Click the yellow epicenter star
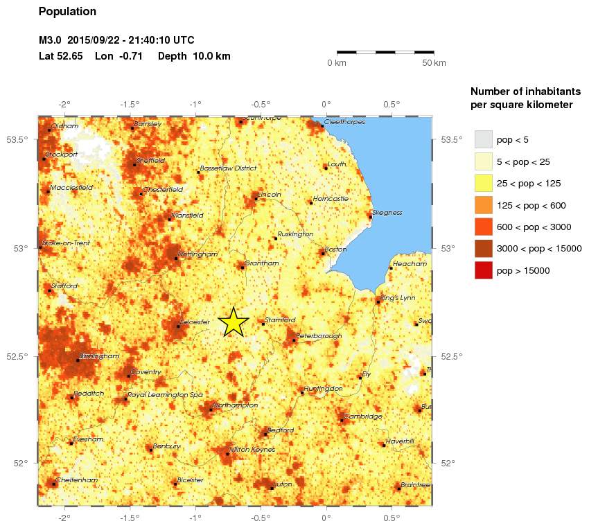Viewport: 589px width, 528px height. click(x=234, y=322)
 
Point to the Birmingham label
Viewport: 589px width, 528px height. click(x=100, y=355)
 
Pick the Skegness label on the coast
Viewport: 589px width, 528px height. click(x=387, y=213)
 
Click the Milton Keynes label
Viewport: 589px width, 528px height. click(x=252, y=450)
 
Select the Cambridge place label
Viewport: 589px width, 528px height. click(x=363, y=416)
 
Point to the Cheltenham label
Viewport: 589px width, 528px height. click(x=78, y=479)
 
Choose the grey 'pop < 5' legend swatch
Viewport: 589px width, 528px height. click(x=483, y=139)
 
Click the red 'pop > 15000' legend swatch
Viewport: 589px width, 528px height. click(x=483, y=270)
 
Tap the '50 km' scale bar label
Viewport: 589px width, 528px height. click(x=434, y=63)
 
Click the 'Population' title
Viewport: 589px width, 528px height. click(x=68, y=12)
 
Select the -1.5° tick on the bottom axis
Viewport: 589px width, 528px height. click(x=130, y=516)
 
